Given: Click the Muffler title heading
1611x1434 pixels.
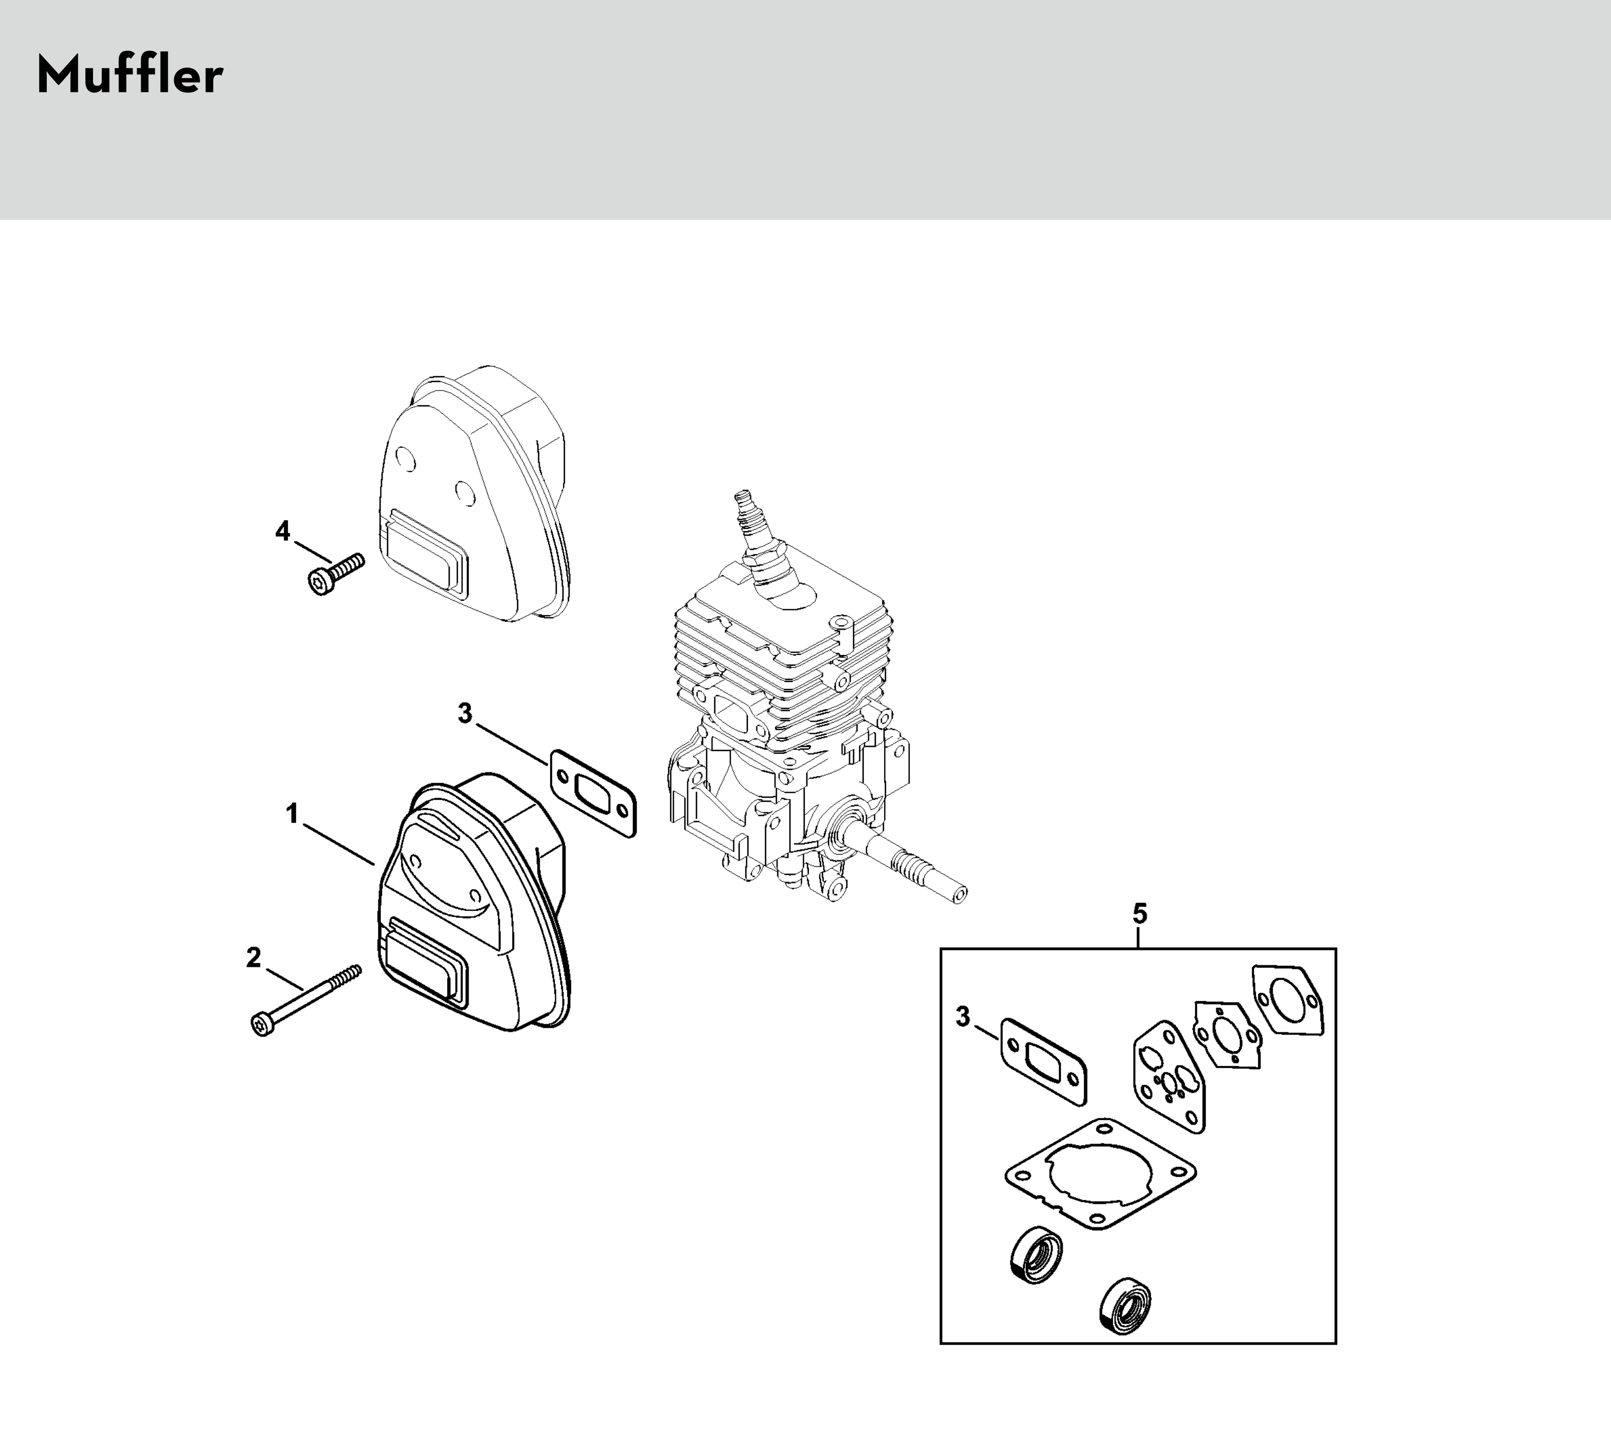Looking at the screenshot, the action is click(x=130, y=77).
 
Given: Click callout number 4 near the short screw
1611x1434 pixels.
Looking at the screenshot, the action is click(x=282, y=531).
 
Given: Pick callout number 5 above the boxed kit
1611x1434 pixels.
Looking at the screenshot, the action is click(x=1140, y=914).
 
